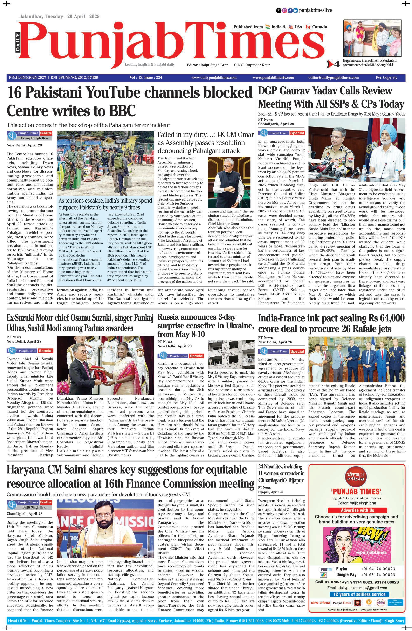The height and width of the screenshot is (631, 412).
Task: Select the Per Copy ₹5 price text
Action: click(386, 78)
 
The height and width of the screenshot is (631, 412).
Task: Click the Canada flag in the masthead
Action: click(308, 27)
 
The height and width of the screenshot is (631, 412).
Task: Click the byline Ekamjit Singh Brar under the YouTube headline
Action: click(34, 138)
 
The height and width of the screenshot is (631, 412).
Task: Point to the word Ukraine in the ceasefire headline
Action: click(239, 325)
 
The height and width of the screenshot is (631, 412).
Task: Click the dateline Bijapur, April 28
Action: click(270, 492)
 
